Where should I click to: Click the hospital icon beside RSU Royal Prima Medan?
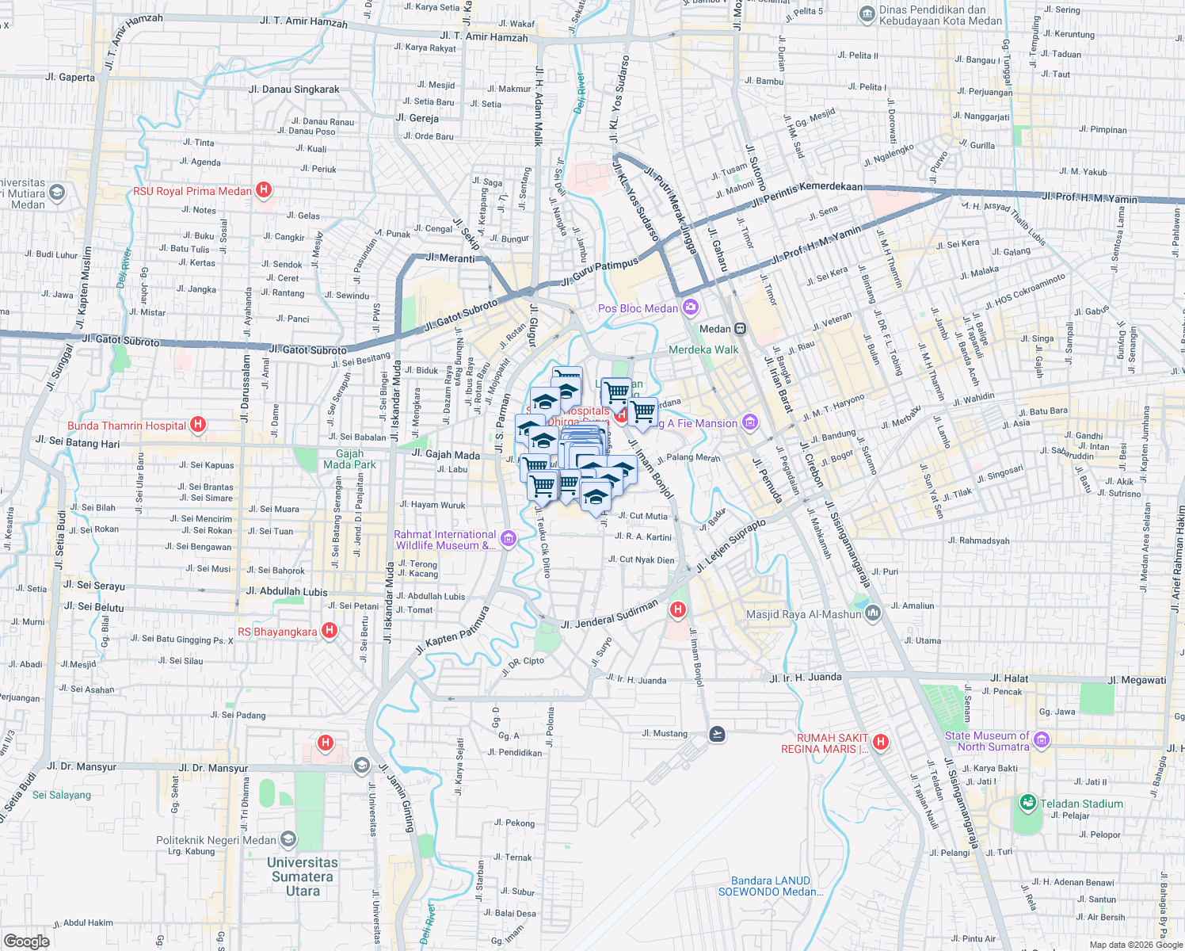click(265, 190)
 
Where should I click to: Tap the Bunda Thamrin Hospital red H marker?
click(198, 425)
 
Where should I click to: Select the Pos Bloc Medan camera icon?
click(691, 307)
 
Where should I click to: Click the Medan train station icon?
click(741, 328)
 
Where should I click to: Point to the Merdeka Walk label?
click(703, 349)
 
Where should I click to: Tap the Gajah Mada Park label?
click(349, 459)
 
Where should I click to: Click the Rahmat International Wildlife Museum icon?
click(509, 540)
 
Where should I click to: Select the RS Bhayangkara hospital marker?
click(330, 631)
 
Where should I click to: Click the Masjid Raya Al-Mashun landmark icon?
click(873, 613)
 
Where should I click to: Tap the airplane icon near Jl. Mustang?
click(717, 734)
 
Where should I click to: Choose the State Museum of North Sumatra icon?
click(1042, 740)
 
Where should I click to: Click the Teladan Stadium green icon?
click(1028, 803)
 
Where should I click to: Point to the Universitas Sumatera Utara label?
click(302, 877)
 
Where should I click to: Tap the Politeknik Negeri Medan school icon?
click(288, 838)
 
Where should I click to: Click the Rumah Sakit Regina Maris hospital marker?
click(880, 743)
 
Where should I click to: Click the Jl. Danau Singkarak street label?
click(294, 90)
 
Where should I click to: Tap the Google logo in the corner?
click(27, 941)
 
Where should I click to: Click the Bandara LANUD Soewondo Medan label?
click(771, 886)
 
